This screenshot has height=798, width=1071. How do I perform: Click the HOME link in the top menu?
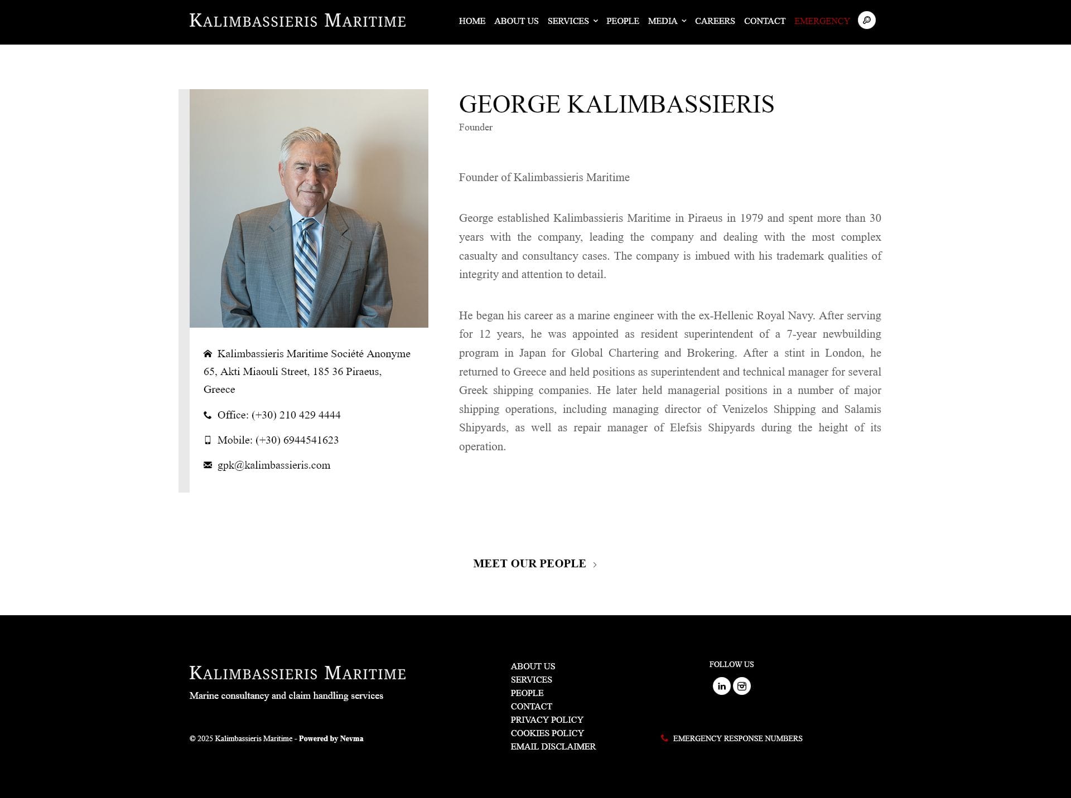472,21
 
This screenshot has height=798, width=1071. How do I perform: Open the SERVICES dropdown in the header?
572,21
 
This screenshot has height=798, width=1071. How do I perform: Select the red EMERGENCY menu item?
821,21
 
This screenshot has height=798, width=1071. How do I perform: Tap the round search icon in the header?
866,21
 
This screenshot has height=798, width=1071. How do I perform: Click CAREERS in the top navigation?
715,21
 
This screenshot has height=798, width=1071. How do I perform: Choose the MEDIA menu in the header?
666,21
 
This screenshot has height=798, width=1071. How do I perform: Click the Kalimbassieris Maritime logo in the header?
297,21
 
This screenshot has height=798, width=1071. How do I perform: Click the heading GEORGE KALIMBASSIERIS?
616,104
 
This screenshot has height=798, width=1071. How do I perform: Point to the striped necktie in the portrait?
305,267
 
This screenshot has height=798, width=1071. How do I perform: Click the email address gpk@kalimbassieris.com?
273,465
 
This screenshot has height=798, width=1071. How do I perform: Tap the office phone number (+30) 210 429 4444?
296,415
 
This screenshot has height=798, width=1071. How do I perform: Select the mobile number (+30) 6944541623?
297,440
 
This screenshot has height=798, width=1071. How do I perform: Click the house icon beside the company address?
208,354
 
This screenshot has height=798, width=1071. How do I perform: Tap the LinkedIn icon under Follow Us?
721,686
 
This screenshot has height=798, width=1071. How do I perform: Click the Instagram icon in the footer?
742,686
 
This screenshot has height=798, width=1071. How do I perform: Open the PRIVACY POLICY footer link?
547,719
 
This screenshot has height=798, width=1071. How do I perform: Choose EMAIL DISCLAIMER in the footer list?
553,746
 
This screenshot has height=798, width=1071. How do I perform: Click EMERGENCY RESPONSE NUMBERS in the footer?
737,738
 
